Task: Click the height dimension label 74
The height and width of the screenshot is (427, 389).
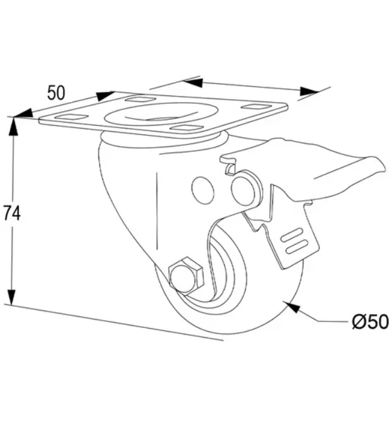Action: click(x=12, y=213)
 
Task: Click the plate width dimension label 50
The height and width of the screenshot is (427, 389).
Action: click(x=56, y=92)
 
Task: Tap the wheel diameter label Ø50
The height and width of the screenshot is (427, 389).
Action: click(x=370, y=321)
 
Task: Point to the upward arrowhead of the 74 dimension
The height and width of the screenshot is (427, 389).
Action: click(x=13, y=126)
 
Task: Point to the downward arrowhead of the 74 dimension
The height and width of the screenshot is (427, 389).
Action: click(x=12, y=296)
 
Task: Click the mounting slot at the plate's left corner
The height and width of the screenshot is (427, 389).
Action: click(x=72, y=118)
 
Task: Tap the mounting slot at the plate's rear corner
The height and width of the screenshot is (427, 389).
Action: click(x=140, y=99)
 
